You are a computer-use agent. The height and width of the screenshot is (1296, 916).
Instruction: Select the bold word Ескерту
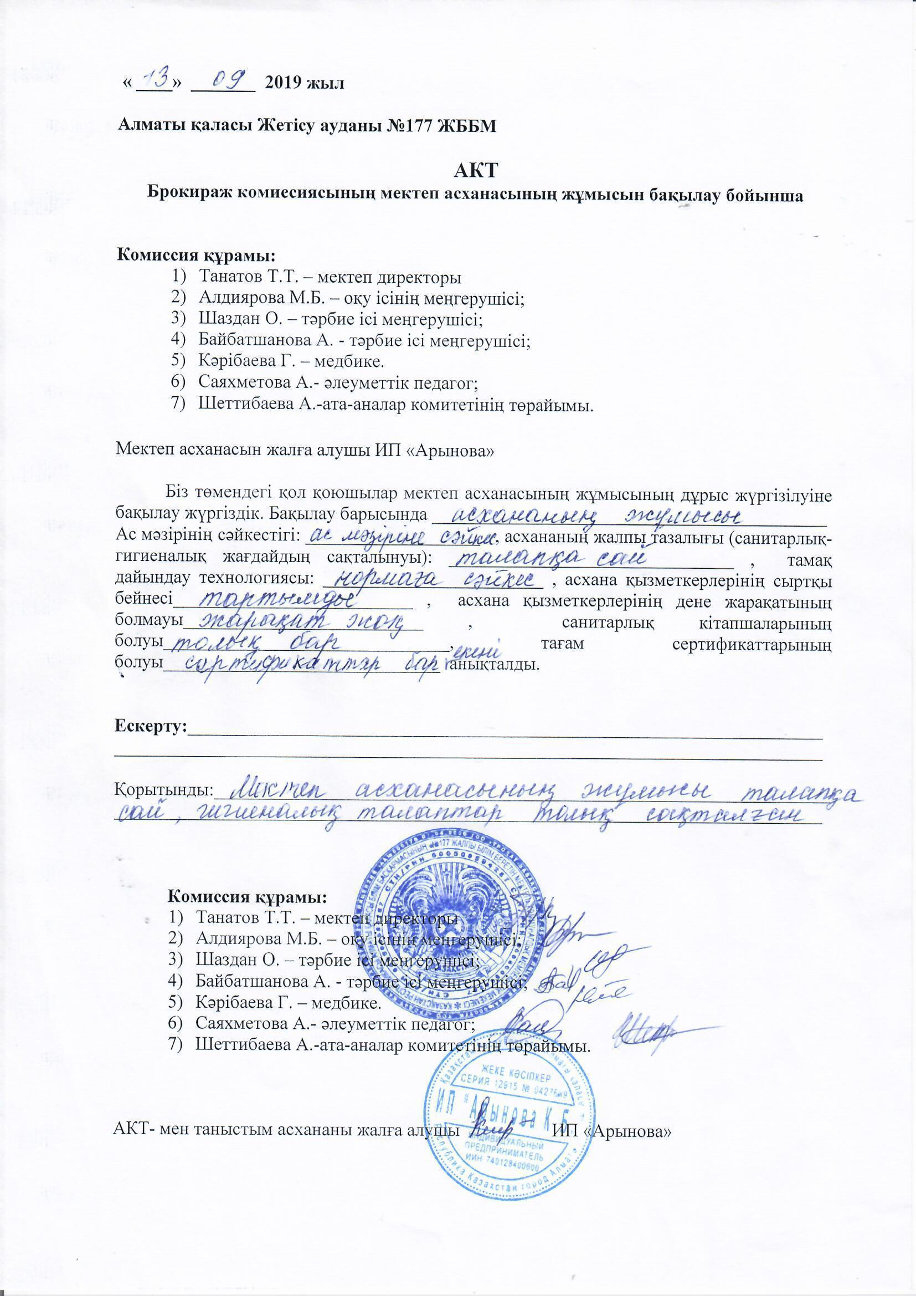click(x=150, y=724)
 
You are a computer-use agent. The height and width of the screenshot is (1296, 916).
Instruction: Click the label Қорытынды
click(x=163, y=789)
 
